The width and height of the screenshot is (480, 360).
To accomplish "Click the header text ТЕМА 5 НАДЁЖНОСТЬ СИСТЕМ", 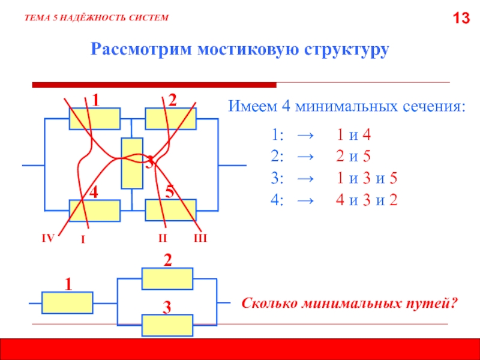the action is (97, 19).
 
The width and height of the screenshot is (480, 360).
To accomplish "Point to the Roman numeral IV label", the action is (47, 239).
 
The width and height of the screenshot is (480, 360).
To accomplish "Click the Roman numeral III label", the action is (200, 239).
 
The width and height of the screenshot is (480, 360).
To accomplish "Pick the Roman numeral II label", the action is (162, 239).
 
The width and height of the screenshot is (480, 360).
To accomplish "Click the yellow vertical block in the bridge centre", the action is (131, 163).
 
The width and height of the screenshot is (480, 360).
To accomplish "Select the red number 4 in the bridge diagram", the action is (94, 193).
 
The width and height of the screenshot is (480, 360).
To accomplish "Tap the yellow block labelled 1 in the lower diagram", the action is (67, 302).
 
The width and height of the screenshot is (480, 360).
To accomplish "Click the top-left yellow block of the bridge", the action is (94, 119).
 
